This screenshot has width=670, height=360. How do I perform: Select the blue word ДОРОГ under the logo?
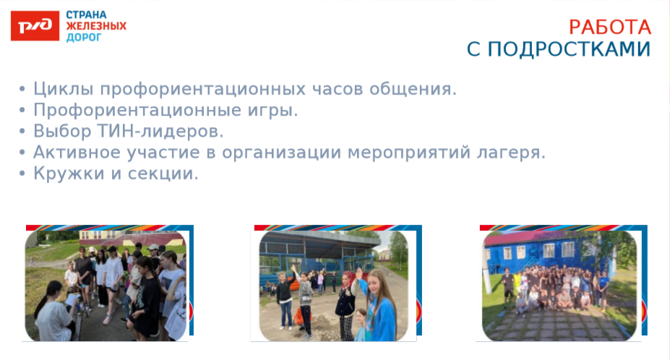(x=84, y=38)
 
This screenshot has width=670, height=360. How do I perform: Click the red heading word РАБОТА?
(x=610, y=27)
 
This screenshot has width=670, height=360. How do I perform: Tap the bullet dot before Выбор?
(x=22, y=132)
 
